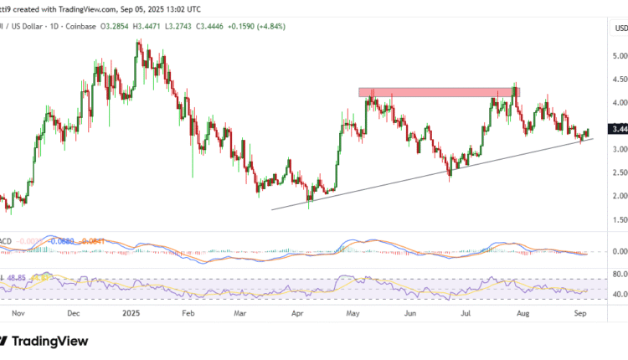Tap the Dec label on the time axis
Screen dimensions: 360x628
click(x=73, y=313)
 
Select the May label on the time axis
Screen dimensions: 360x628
click(x=354, y=313)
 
